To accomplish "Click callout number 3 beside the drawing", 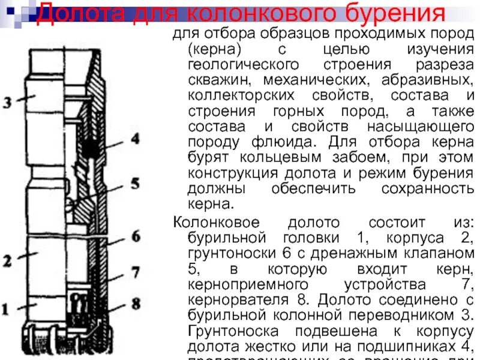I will (7, 102).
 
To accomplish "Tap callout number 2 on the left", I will (7, 260).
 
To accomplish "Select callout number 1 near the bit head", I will (5, 310).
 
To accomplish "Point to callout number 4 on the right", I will (135, 139).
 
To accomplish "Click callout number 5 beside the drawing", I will (135, 182).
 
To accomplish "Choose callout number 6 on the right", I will (136, 235).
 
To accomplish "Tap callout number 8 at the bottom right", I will (136, 303).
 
